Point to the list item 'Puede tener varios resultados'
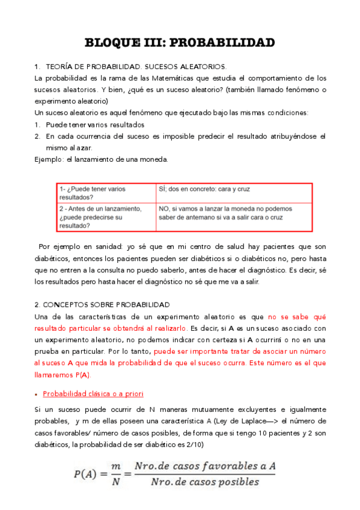[x=95, y=124]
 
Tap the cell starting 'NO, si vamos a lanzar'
[x=225, y=213]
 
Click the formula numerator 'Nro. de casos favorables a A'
[x=204, y=466]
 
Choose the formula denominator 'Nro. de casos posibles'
[x=204, y=482]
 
